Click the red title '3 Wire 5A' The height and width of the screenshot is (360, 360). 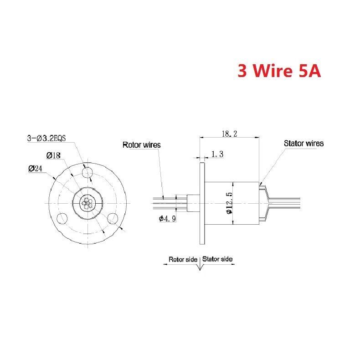tap(279, 71)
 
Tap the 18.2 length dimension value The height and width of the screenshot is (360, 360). tap(229, 134)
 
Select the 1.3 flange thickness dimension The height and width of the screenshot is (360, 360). tap(217, 154)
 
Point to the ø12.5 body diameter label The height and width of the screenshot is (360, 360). tap(229, 203)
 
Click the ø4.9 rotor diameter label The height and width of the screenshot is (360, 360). tap(167, 218)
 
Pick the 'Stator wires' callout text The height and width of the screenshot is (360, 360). tap(304, 143)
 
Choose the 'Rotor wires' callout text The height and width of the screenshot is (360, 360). tap(141, 145)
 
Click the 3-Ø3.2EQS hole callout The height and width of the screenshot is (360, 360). tap(46, 138)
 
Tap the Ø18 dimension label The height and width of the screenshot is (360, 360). tap(53, 156)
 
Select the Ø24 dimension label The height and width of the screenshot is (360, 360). tap(35, 169)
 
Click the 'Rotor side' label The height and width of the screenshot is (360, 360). tap(183, 259)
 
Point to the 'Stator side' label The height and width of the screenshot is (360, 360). tap(217, 259)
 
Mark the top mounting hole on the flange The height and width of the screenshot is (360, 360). tap(87, 173)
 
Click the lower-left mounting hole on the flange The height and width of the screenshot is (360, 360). tap(62, 218)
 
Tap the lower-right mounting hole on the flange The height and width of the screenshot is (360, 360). tap(113, 218)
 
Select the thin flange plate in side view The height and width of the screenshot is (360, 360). tap(202, 203)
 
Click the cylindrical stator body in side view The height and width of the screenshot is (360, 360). tap(231, 203)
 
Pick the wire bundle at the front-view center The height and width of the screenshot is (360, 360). tap(87, 203)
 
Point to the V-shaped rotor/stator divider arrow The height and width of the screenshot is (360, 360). tap(200, 266)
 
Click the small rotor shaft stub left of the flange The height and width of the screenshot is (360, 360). tap(194, 203)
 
